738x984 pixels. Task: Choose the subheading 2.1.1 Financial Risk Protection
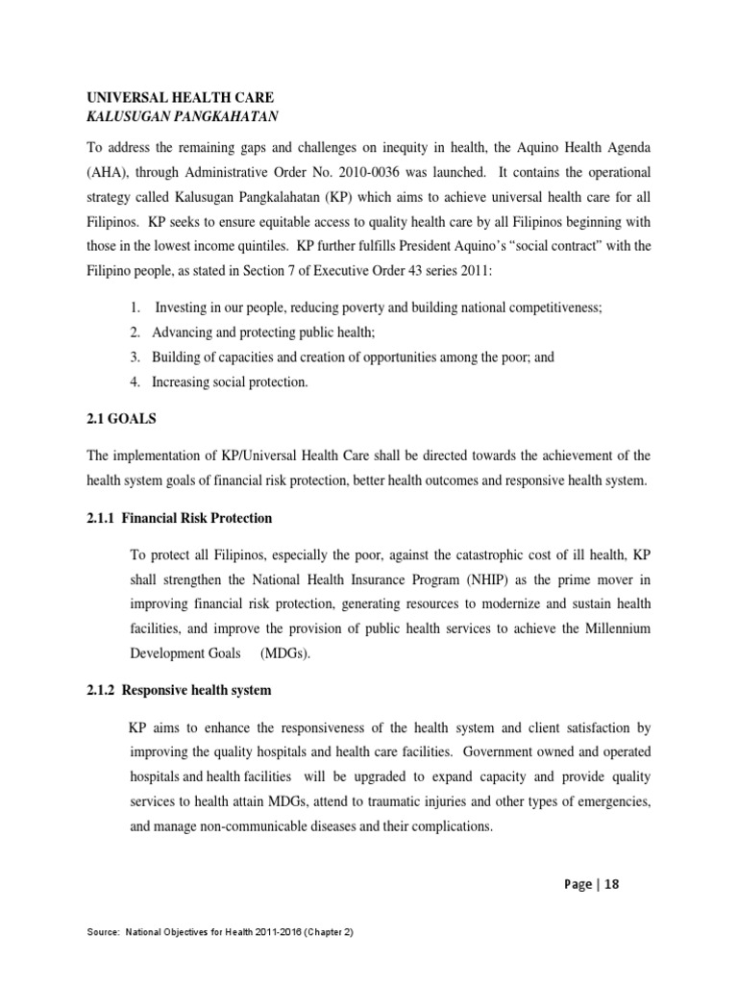181,518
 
